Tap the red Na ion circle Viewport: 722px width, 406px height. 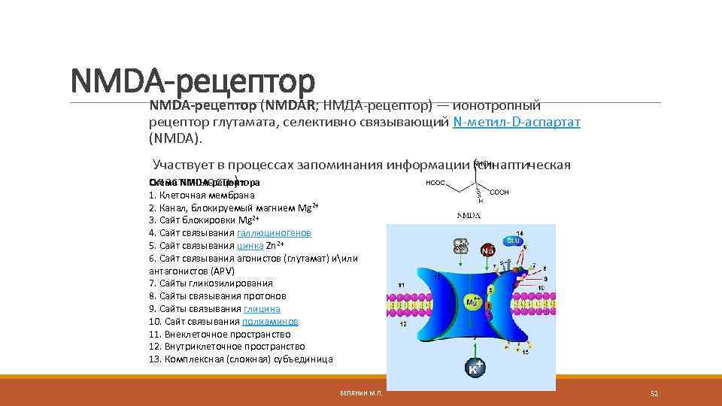[x=489, y=250]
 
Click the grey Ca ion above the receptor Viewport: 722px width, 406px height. [x=460, y=247]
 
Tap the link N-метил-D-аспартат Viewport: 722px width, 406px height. [x=517, y=122]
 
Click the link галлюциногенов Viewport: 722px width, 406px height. [x=274, y=233]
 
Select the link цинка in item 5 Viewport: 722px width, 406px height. [x=250, y=246]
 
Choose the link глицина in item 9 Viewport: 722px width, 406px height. [x=262, y=309]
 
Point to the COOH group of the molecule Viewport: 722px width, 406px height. [x=499, y=192]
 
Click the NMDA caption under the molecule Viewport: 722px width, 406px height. [x=469, y=215]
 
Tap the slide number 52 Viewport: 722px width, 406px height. [x=654, y=393]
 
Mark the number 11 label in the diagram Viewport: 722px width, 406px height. [x=402, y=284]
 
